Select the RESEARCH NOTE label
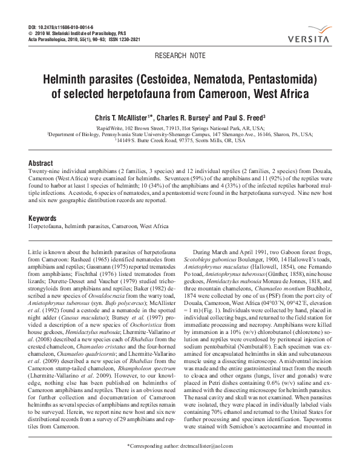click(180, 55)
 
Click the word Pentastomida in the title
click(275, 80)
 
